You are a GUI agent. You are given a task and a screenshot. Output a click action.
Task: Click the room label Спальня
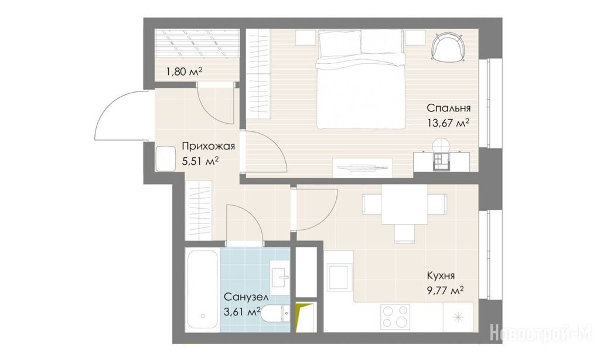(448, 108)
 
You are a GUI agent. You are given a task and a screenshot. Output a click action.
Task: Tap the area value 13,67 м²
(448, 123)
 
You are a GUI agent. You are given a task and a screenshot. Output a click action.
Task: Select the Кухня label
(441, 276)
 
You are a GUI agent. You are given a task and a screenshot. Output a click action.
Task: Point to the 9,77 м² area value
(445, 291)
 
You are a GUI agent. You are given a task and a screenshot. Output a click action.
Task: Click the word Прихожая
(208, 146)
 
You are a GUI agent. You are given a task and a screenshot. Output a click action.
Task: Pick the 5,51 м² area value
(200, 161)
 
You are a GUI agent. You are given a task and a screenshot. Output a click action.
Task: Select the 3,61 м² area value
(242, 311)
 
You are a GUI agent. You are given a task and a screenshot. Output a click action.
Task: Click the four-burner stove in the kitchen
(396, 317)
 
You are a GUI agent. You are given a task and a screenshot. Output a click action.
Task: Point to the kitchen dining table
(404, 205)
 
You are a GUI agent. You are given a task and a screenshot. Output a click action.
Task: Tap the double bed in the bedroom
(360, 79)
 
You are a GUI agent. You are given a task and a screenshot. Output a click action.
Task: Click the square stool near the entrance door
(166, 158)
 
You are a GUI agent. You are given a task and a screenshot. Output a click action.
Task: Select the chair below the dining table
(404, 233)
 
